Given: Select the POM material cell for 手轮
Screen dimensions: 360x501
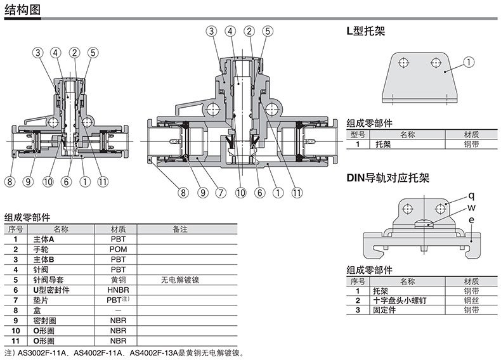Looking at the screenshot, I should click(118, 249).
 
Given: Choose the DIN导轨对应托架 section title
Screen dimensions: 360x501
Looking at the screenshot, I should click(387, 178).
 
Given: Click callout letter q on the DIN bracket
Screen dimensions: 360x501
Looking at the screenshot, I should click(471, 195).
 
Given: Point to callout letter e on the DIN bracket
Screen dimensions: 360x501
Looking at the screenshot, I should click(471, 220).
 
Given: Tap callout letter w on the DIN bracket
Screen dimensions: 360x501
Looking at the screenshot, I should click(471, 207).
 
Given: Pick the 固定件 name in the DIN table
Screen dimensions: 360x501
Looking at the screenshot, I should click(386, 310).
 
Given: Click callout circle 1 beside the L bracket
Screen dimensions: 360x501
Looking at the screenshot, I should click(469, 61).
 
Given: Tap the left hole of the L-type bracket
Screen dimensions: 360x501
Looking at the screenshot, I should click(401, 62).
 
